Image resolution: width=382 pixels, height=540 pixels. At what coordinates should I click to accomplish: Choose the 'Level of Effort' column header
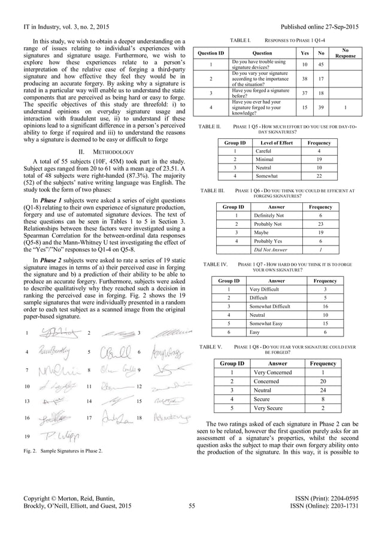coord(272,143)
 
